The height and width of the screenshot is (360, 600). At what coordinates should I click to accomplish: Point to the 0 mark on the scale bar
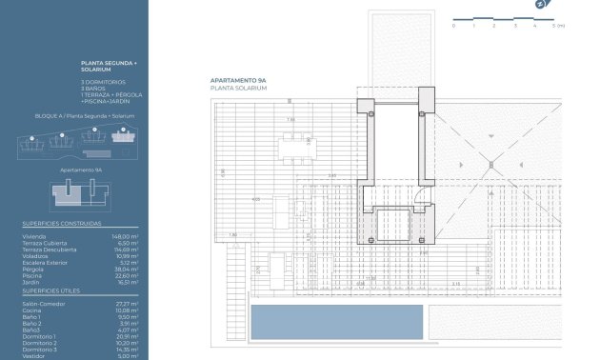click(x=453, y=26)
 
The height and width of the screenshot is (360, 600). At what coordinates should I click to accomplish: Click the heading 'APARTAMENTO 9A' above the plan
click(x=237, y=80)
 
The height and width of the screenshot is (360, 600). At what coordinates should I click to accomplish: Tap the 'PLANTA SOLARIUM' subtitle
click(x=238, y=88)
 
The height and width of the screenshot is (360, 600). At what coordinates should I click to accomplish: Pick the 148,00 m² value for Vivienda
click(x=125, y=235)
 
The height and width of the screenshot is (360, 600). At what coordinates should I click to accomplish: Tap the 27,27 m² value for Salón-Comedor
click(x=127, y=303)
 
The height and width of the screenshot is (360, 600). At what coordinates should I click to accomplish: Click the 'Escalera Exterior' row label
click(x=44, y=262)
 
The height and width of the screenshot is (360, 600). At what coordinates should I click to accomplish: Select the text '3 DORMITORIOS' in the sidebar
click(x=104, y=83)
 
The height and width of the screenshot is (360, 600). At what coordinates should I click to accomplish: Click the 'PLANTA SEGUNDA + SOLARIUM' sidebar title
click(x=110, y=67)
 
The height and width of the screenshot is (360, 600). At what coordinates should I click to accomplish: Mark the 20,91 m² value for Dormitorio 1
click(x=127, y=336)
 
